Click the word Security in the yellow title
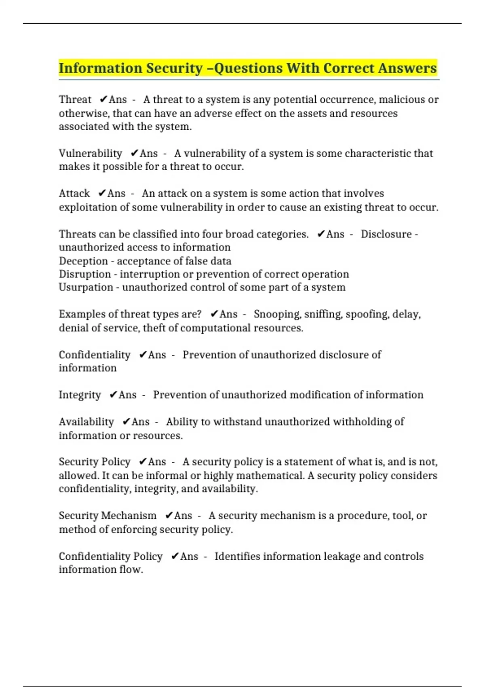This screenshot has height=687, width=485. (x=174, y=69)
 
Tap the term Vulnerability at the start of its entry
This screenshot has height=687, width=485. (x=90, y=154)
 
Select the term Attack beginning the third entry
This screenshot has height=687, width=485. (x=74, y=194)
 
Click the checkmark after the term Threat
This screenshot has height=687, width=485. (x=103, y=99)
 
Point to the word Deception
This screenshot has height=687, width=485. (x=83, y=261)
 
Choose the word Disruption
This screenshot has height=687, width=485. (x=84, y=274)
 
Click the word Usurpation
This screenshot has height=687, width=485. (x=86, y=288)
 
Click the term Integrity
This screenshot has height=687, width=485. (x=80, y=395)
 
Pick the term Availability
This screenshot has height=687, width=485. (x=86, y=422)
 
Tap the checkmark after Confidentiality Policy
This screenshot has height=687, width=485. (x=175, y=556)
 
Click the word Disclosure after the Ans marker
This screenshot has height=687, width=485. (x=386, y=234)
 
